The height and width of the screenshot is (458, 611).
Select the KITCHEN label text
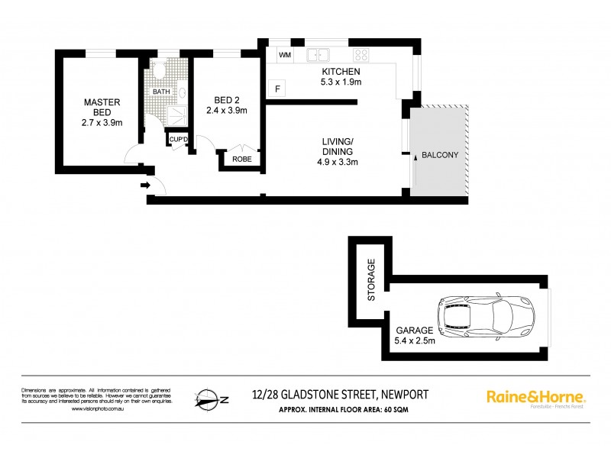(x=340, y=72)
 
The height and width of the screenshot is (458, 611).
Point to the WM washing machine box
(x=285, y=56)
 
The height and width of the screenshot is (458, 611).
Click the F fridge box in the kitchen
(x=277, y=89)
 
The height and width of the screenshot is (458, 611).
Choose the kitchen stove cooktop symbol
(x=360, y=55)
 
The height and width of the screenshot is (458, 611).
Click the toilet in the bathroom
(x=159, y=70)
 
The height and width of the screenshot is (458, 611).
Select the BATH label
(x=161, y=92)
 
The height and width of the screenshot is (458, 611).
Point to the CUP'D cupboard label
(x=179, y=139)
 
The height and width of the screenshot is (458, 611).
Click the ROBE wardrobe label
(x=242, y=160)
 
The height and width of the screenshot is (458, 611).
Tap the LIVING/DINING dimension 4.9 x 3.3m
(x=337, y=162)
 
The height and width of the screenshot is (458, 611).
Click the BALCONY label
(x=439, y=156)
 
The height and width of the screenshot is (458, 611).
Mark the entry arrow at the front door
(x=145, y=185)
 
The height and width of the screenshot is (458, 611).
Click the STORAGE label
(x=372, y=279)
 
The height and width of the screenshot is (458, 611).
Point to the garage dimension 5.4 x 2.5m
(x=415, y=340)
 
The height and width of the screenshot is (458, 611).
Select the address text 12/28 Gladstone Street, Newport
(x=339, y=394)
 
